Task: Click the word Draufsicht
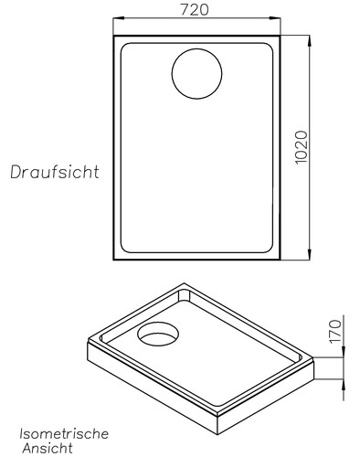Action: [55, 171]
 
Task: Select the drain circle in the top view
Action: [196, 72]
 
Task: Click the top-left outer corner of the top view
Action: [112, 35]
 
